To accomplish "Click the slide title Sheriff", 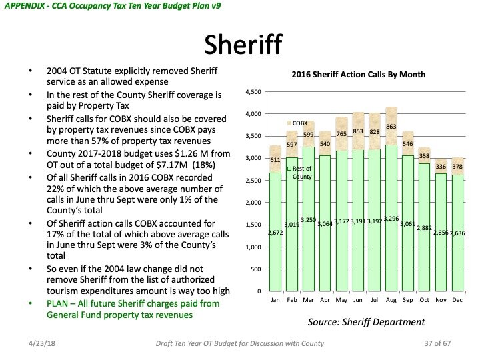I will click(239, 44).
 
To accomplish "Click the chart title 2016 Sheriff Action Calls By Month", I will click(359, 75).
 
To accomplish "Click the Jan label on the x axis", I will click(275, 301).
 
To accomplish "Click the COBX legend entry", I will click(298, 123).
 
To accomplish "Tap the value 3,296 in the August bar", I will click(391, 218).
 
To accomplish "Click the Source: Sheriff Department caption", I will click(366, 322).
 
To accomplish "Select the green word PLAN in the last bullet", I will click(58, 303).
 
